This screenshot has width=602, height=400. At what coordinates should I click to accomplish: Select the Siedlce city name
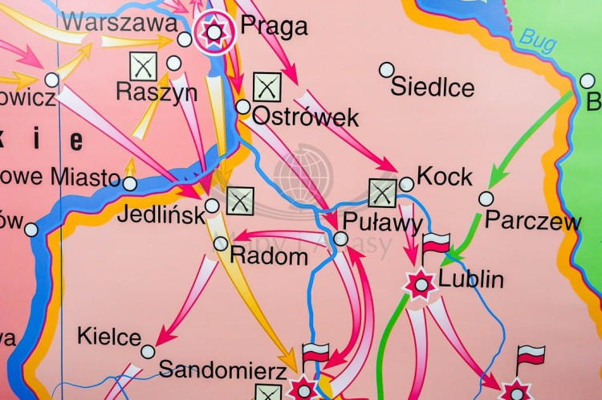click(433, 87)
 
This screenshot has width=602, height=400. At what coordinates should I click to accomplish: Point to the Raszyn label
click(157, 92)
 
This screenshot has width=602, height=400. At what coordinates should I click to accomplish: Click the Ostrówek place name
click(305, 117)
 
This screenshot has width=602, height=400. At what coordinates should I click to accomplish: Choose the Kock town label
click(445, 178)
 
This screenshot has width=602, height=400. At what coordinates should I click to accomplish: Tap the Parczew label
click(533, 220)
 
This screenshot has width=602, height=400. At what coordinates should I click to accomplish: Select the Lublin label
click(471, 280)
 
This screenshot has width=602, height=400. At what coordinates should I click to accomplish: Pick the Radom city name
click(269, 256)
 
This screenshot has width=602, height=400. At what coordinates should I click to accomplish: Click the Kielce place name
click(109, 337)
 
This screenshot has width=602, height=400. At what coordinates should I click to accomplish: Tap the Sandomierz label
click(222, 370)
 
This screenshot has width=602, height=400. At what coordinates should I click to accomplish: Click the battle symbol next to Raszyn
click(143, 66)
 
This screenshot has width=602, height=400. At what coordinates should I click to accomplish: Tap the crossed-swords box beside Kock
click(383, 193)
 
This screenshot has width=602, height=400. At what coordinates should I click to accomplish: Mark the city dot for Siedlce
click(387, 70)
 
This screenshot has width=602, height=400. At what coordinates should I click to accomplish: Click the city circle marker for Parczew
click(486, 198)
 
